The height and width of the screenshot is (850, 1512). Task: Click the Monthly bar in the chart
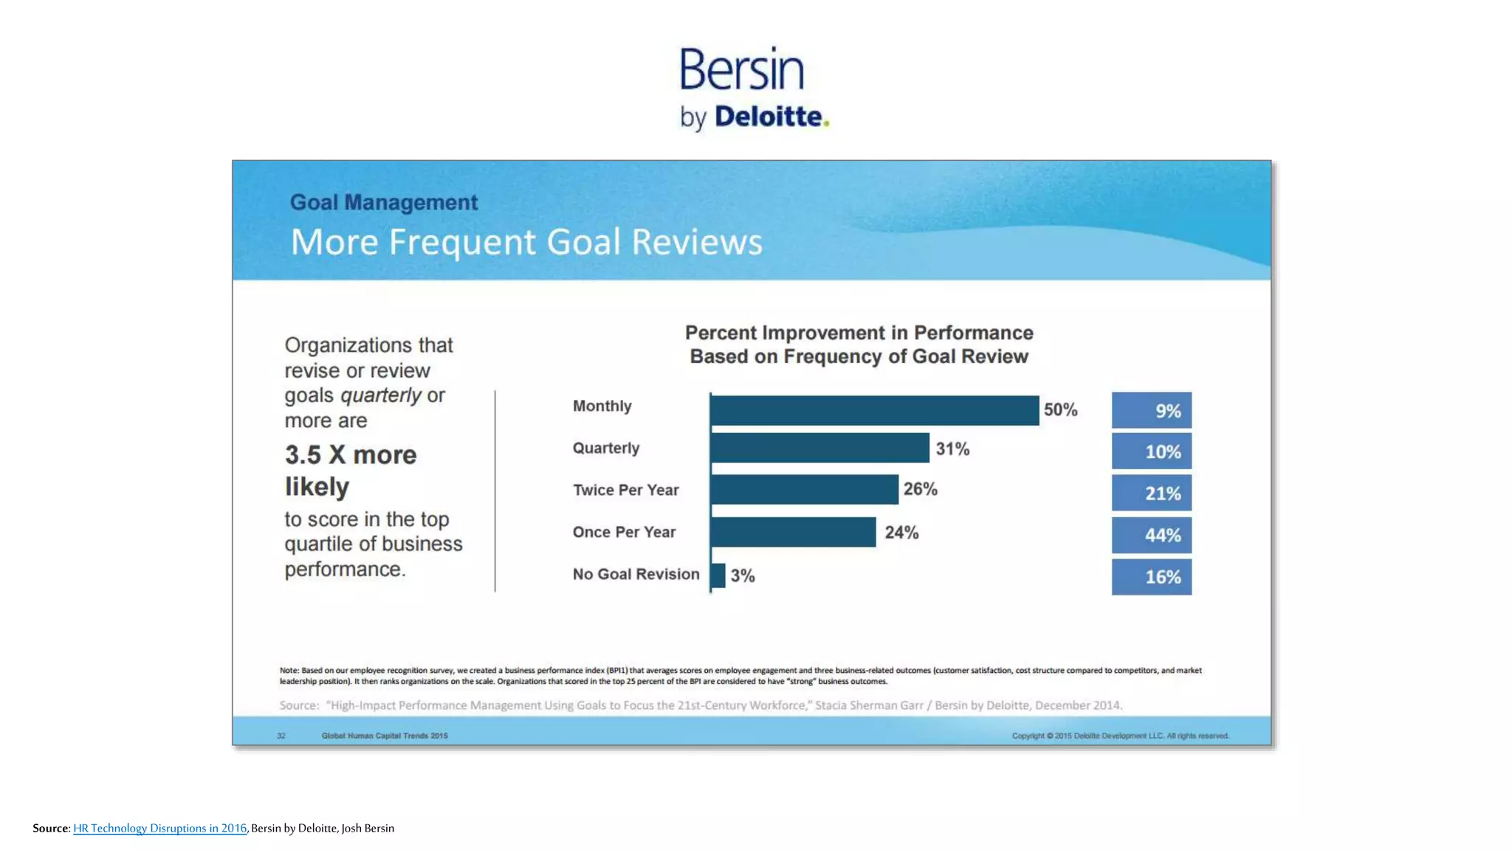[874, 410]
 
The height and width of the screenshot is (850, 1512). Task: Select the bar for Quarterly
[819, 448]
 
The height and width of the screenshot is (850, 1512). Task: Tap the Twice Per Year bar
[804, 489]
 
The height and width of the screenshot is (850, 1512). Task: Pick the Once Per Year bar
[793, 532]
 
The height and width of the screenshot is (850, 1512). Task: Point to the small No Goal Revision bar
[718, 575]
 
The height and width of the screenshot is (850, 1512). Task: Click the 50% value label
[1060, 410]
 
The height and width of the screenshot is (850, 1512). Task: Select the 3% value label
[743, 576]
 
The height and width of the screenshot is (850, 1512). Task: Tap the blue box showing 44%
[1151, 535]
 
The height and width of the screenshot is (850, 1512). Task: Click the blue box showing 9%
[1151, 410]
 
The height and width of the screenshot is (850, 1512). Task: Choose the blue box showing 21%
[1151, 493]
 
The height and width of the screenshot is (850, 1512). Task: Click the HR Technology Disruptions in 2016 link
[159, 828]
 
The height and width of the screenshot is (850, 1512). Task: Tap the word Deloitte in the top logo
[769, 117]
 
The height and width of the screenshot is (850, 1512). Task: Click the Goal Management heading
[383, 202]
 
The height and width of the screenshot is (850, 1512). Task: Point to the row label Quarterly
[605, 448]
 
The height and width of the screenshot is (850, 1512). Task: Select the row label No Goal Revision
[636, 574]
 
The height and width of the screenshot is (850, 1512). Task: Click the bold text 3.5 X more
[351, 455]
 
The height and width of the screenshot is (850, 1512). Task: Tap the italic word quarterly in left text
[380, 395]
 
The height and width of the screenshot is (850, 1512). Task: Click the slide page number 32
[281, 736]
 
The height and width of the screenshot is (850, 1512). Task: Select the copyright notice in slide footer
[1120, 736]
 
